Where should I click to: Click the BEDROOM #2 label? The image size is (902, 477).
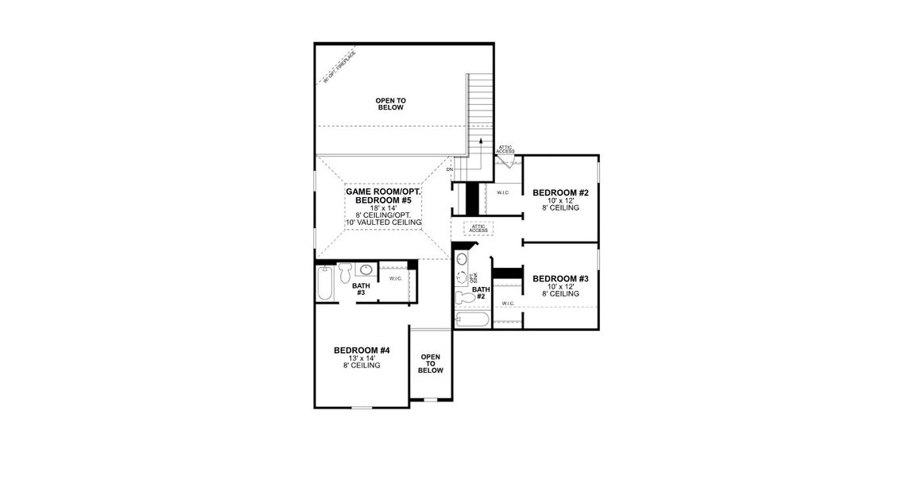click(x=559, y=192)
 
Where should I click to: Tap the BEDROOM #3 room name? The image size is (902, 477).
click(x=559, y=279)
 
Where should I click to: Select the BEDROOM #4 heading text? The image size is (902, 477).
click(x=362, y=351)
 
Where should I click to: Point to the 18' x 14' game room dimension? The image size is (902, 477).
click(x=383, y=207)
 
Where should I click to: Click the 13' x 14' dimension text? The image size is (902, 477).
click(x=362, y=359)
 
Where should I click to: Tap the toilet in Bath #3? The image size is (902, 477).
click(x=344, y=273)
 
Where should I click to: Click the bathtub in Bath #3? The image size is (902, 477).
click(x=323, y=284)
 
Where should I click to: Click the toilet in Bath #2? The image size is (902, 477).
click(x=462, y=298)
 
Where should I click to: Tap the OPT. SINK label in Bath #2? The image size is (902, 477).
click(x=474, y=278)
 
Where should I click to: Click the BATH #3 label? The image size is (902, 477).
click(x=361, y=289)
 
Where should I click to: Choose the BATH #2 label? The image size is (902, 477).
click(x=479, y=293)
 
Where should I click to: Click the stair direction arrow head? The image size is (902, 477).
click(x=480, y=140)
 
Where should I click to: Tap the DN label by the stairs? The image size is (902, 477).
click(x=449, y=169)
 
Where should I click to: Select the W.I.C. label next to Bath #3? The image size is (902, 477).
click(x=395, y=278)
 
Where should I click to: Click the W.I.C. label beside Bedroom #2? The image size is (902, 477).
click(x=503, y=192)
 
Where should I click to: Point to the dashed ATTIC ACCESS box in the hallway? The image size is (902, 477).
click(x=478, y=229)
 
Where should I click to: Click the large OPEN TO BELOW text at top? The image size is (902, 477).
click(x=390, y=103)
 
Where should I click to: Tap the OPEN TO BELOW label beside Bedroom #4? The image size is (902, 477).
click(x=430, y=364)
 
